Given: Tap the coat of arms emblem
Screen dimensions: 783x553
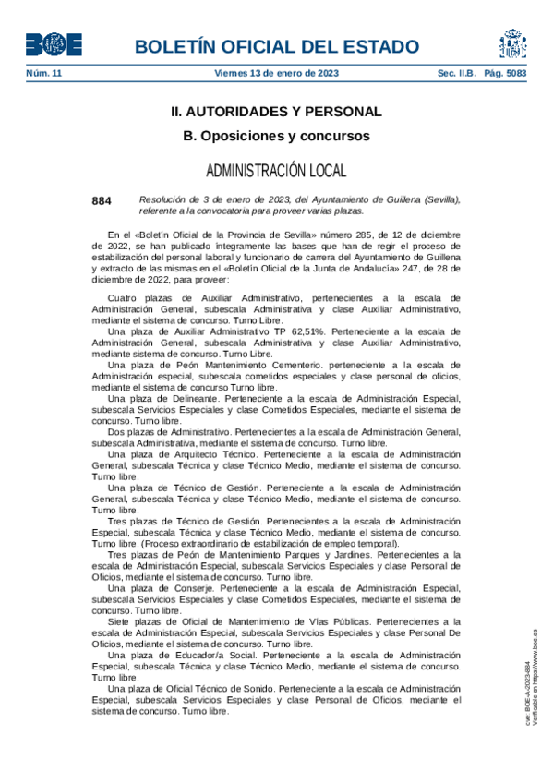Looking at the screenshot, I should (513, 43).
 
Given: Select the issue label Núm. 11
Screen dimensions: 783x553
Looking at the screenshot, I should (43, 73).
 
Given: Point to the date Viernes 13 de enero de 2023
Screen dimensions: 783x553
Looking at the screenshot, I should (276, 73).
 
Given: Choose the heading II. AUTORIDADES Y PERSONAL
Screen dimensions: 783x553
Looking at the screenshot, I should (276, 112).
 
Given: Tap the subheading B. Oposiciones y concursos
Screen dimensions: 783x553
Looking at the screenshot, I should (276, 136).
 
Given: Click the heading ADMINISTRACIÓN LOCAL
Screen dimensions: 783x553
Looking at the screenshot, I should (276, 171).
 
